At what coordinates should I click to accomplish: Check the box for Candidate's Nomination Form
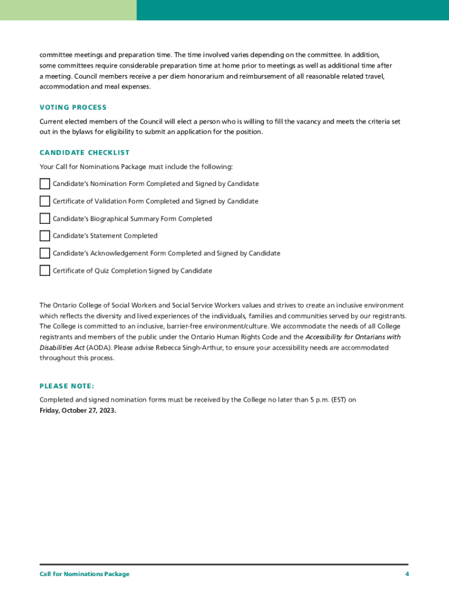(45, 184)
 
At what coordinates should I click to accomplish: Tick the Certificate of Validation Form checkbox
(45, 201)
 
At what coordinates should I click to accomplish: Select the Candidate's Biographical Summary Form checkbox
(45, 219)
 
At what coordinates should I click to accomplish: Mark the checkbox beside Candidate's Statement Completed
(45, 236)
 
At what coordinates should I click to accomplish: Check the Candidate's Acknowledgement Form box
(45, 253)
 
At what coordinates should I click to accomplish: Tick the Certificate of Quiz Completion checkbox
(45, 271)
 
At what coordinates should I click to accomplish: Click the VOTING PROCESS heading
(73, 107)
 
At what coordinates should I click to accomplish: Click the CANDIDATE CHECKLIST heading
(85, 153)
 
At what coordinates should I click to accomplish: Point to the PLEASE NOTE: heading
(66, 386)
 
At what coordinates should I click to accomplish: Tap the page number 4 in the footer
(407, 574)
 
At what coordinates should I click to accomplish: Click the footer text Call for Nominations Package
(85, 574)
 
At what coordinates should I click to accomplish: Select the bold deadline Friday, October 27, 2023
(78, 410)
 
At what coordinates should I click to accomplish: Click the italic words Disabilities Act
(62, 347)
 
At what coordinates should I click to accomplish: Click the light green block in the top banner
(68, 10)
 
